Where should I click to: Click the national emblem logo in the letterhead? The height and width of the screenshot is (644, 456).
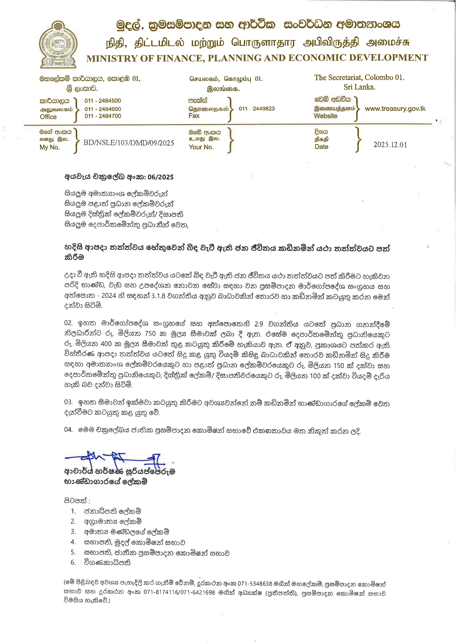pyautogui.click(x=58, y=44)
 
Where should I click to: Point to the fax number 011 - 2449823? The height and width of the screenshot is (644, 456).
pyautogui.click(x=257, y=109)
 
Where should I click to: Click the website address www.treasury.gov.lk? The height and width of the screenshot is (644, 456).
pyautogui.click(x=395, y=109)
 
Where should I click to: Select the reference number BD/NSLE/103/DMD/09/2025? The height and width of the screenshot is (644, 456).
pyautogui.click(x=129, y=143)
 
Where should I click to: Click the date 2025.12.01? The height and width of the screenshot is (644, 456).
pyautogui.click(x=390, y=145)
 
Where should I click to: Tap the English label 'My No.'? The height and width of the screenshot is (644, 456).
pyautogui.click(x=50, y=147)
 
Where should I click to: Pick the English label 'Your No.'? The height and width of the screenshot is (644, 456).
pyautogui.click(x=201, y=147)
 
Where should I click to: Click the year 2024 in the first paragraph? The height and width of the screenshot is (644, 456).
pyautogui.click(x=108, y=296)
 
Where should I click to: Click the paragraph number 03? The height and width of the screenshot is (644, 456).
pyautogui.click(x=68, y=402)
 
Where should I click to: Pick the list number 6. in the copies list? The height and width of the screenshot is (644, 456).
pyautogui.click(x=73, y=562)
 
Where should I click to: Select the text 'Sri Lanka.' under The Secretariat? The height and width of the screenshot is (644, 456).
pyautogui.click(x=359, y=87)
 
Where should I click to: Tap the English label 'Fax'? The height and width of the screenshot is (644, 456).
pyautogui.click(x=194, y=116)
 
